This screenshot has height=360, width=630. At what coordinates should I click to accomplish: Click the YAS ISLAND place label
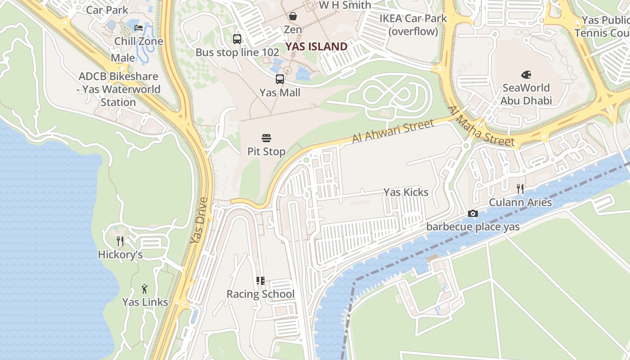[x=316, y=46]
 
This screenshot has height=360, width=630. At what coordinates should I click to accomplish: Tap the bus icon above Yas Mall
[x=280, y=79]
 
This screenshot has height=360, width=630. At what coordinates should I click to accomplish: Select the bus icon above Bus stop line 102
[x=237, y=39]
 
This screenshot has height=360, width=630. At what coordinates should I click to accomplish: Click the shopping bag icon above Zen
[x=293, y=16]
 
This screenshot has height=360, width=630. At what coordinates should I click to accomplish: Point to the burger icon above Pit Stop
[x=266, y=138]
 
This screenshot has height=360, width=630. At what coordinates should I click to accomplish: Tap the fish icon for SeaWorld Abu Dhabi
[x=526, y=74]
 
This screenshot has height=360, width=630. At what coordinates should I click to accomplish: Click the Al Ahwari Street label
[x=393, y=131]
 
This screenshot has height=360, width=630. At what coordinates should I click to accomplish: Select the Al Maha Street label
[x=481, y=126]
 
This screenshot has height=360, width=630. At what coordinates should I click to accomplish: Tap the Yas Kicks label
[x=406, y=192]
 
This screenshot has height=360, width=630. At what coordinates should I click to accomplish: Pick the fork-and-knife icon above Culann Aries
[x=520, y=189]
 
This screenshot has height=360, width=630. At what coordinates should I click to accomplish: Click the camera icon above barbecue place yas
[x=472, y=213]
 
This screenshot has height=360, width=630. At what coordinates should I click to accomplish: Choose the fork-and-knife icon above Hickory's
[x=120, y=241]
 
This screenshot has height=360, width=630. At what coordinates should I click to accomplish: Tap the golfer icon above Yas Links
[x=144, y=288]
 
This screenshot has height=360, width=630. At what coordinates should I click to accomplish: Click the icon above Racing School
[x=260, y=281]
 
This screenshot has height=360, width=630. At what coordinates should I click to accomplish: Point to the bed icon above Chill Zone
[x=139, y=28]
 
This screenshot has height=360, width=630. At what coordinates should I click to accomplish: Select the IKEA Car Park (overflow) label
[x=413, y=25]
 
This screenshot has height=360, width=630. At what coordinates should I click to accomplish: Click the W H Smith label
[x=345, y=5]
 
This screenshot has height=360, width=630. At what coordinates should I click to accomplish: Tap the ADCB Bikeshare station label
[x=118, y=89]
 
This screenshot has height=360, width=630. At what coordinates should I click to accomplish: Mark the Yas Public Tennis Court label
[x=603, y=27]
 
